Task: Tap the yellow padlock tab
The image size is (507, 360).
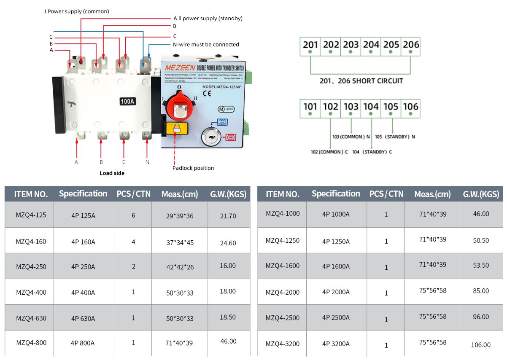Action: click(x=177, y=128)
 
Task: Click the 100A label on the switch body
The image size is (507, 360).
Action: click(x=128, y=101)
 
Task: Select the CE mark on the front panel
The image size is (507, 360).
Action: click(x=207, y=94)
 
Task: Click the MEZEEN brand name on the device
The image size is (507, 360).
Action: click(x=180, y=67)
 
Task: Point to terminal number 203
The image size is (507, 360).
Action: click(x=351, y=45)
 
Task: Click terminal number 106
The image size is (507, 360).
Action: click(x=410, y=107)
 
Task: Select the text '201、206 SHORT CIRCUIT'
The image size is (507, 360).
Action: click(x=361, y=81)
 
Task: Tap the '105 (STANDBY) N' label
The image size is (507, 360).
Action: click(x=395, y=137)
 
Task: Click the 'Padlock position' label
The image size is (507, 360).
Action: click(x=193, y=168)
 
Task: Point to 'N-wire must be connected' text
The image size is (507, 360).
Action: click(x=206, y=44)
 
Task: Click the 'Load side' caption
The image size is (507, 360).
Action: click(x=112, y=173)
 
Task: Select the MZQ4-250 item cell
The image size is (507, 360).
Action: click(x=31, y=266)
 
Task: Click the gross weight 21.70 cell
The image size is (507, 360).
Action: click(x=228, y=216)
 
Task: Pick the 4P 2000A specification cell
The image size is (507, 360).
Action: click(x=336, y=292)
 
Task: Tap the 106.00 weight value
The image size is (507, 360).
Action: click(x=481, y=345)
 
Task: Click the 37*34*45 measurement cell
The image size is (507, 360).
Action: click(x=180, y=242)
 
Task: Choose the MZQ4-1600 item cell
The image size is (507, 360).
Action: click(x=283, y=266)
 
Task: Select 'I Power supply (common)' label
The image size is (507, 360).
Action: click(x=77, y=11)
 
